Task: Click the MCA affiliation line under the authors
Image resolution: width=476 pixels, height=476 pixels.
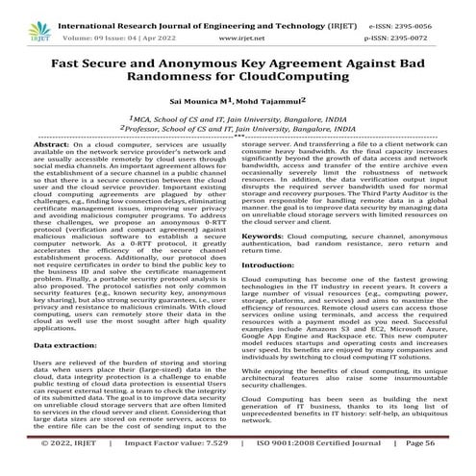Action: pos(238,115)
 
